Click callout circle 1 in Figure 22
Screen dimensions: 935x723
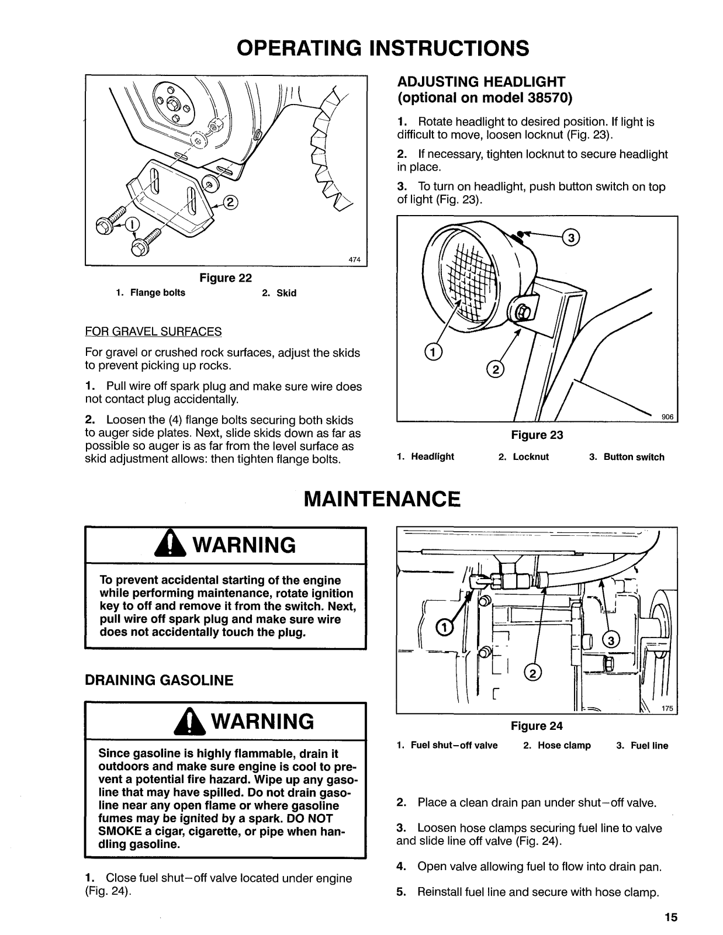point(133,224)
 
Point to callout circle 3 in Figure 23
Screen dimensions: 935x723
point(570,237)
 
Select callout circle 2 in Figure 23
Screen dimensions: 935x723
point(494,369)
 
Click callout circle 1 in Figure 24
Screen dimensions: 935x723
point(444,628)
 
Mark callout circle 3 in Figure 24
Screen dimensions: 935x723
point(611,640)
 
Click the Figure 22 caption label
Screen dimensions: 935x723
point(226,278)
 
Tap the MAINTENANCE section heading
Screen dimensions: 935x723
point(382,499)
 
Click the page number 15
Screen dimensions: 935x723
point(670,917)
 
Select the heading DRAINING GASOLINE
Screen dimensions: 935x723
point(159,680)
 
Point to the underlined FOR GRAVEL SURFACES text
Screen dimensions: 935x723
point(153,332)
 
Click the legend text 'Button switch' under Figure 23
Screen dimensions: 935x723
point(634,457)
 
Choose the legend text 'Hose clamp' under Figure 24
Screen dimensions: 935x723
point(564,746)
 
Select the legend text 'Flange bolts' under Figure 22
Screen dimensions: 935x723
point(157,293)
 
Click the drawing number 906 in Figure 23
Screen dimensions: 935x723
point(667,417)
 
